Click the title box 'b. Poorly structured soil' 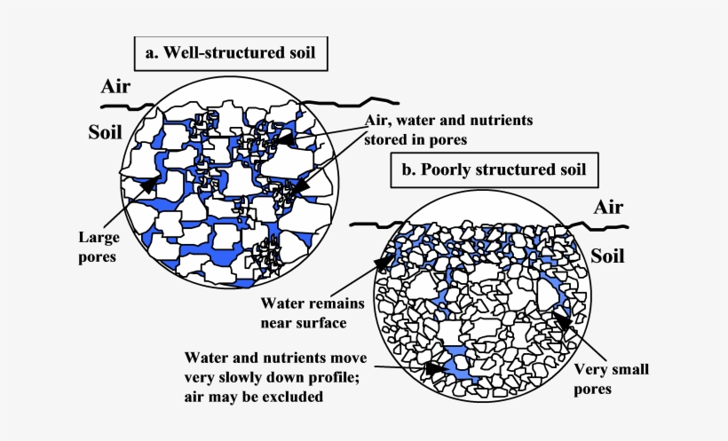pyautogui.click(x=495, y=169)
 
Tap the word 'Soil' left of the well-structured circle pyautogui.click(x=106, y=132)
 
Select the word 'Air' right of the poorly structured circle pyautogui.click(x=609, y=207)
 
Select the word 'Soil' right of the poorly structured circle pyautogui.click(x=607, y=256)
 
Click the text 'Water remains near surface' pyautogui.click(x=309, y=313)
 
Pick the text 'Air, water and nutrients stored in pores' pyautogui.click(x=447, y=129)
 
